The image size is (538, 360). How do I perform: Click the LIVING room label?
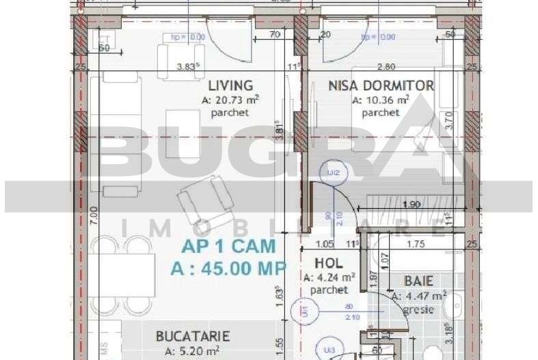(x=230, y=86)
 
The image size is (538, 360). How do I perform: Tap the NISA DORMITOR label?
(x=381, y=86)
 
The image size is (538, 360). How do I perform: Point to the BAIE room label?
(x=418, y=281)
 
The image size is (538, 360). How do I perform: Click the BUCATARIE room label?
(x=193, y=336)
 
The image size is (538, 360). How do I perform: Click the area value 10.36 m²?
(x=381, y=100)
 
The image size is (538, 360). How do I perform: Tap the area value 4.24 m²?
(x=329, y=277)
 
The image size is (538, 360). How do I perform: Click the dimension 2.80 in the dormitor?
(x=387, y=67)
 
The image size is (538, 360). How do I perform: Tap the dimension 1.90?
(x=411, y=204)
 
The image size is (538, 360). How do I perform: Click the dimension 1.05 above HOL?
(x=324, y=244)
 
